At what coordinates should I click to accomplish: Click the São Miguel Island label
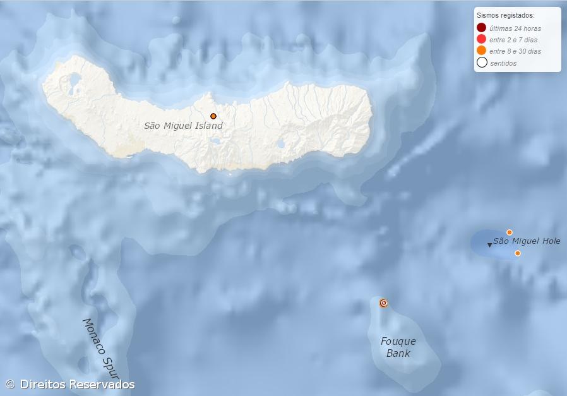click(x=183, y=126)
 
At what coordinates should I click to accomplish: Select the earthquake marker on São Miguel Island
click(x=213, y=116)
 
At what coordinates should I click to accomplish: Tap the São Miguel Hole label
click(x=527, y=241)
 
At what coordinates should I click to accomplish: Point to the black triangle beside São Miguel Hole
click(x=489, y=245)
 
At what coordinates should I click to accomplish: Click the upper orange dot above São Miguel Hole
click(x=510, y=232)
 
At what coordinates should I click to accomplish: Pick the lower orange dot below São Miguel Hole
click(x=518, y=253)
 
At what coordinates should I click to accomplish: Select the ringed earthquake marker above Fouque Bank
click(x=383, y=303)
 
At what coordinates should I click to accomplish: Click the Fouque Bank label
click(x=398, y=347)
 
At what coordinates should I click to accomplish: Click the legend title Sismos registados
click(x=506, y=15)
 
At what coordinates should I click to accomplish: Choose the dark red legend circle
click(x=482, y=28)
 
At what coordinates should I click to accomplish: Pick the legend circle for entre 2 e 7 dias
click(x=482, y=39)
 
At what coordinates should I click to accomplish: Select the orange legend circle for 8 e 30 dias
click(x=482, y=51)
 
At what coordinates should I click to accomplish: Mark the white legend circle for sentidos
click(x=482, y=63)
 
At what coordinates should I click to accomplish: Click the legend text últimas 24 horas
click(x=515, y=28)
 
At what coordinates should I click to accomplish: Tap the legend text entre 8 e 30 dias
click(x=515, y=51)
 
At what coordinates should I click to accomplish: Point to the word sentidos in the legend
click(x=503, y=63)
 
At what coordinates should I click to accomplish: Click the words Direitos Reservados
click(x=77, y=384)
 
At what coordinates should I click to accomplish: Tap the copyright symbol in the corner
click(x=10, y=384)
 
